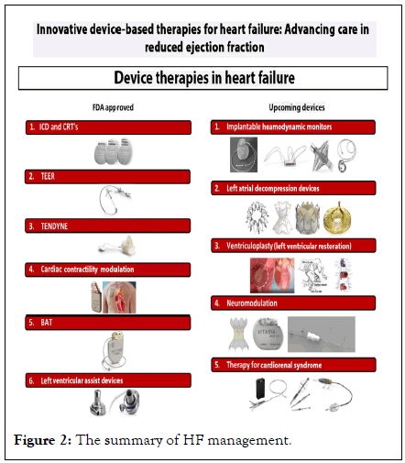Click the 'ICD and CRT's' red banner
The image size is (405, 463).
pyautogui.click(x=108, y=127)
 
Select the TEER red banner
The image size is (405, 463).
pyautogui.click(x=107, y=177)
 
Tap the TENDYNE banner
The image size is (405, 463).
pyautogui.click(x=107, y=226)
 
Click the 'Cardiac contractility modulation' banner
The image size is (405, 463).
pyautogui.click(x=107, y=270)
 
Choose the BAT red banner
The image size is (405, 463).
pyautogui.click(x=107, y=323)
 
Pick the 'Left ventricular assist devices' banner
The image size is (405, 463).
pyautogui.click(x=108, y=380)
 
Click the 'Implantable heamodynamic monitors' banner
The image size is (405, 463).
pyautogui.click(x=293, y=127)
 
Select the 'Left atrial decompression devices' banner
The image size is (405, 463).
pyautogui.click(x=293, y=188)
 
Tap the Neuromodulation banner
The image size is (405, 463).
pyautogui.click(x=293, y=303)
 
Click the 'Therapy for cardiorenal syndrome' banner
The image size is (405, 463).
pyautogui.click(x=293, y=365)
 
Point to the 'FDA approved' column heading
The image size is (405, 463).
pyautogui.click(x=113, y=107)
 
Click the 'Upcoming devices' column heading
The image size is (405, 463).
pyautogui.click(x=297, y=107)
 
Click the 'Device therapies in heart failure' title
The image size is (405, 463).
pyautogui.click(x=204, y=78)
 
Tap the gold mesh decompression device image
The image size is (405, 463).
pyautogui.click(x=337, y=218)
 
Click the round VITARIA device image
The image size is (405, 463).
pyautogui.click(x=268, y=334)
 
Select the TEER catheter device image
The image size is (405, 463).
pyautogui.click(x=115, y=200)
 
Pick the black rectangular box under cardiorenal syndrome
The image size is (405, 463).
pyautogui.click(x=260, y=389)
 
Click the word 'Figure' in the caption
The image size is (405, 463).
pyautogui.click(x=35, y=440)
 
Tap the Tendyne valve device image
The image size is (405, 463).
pyautogui.click(x=116, y=246)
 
